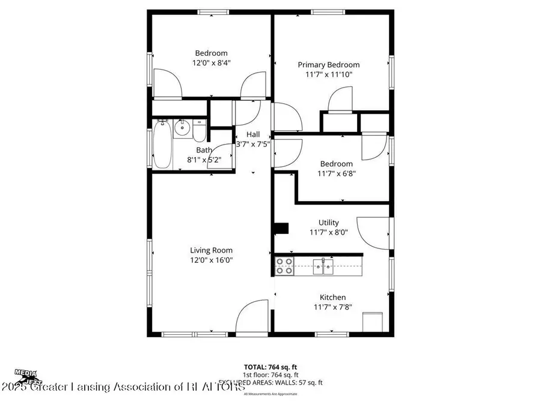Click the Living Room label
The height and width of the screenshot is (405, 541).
[211, 250]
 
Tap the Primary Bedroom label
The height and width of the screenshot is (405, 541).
[329, 65]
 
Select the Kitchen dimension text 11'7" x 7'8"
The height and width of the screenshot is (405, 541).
[332, 307]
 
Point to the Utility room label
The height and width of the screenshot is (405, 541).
[329, 223]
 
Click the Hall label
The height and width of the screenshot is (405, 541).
[253, 134]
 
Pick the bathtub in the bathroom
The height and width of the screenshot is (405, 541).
[161, 145]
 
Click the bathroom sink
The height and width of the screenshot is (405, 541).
[183, 127]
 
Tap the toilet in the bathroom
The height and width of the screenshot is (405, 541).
[199, 128]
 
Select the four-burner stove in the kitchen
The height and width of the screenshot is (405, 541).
[284, 266]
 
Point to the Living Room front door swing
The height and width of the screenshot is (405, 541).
[251, 316]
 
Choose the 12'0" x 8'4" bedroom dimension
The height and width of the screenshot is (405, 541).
[211, 62]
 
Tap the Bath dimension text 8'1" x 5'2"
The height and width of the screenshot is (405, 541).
[205, 160]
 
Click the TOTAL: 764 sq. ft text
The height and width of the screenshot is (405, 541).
[270, 367]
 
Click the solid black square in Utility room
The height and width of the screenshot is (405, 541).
[281, 230]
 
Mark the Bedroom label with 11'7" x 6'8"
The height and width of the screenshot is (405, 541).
[336, 164]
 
